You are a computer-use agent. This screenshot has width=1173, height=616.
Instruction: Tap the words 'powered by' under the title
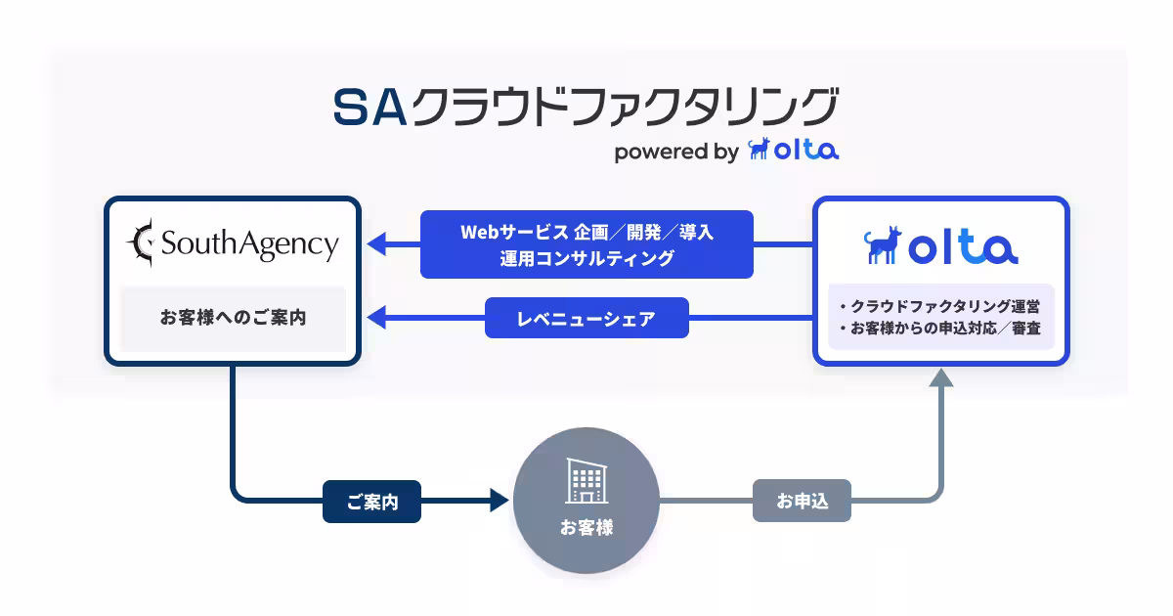pos(675,152)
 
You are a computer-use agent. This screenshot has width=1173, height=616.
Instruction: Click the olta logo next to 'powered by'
pos(793,150)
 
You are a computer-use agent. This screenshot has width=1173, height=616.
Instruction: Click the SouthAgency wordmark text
pos(249,243)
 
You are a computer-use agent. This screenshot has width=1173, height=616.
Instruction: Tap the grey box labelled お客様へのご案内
pos(233,318)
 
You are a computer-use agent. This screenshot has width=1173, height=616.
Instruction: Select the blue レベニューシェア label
pos(586,318)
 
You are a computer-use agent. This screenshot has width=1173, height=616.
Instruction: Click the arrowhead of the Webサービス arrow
pos(376,244)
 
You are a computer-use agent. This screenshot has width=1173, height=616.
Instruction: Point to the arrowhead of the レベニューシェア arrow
pos(376,318)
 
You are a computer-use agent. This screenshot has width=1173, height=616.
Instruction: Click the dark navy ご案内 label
pos(371,503)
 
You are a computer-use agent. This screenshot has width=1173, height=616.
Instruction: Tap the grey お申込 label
pos(802,502)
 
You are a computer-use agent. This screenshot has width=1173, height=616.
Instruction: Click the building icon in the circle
pos(586,482)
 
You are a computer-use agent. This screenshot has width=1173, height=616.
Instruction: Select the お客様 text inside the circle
pos(586,527)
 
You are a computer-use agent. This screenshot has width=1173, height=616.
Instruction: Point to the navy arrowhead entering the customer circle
pos(500,502)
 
